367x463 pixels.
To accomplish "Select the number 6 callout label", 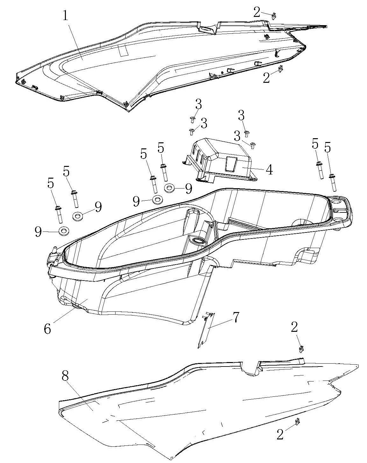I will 47,328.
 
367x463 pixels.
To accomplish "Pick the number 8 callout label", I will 65,376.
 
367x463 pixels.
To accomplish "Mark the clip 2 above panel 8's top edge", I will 300,349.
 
